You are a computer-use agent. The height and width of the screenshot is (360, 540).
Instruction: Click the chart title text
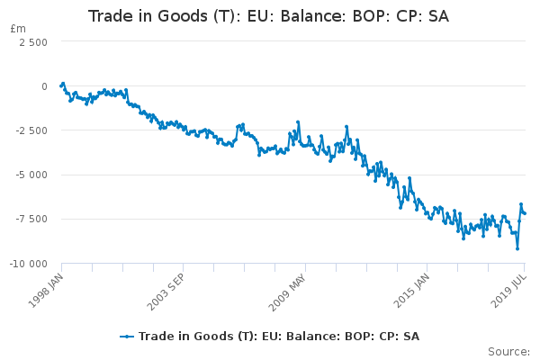269,16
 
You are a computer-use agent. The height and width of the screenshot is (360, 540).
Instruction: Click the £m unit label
17,29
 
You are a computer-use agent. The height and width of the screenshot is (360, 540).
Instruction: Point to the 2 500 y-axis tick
33,42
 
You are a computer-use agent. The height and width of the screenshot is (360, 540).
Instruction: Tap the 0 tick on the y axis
43,86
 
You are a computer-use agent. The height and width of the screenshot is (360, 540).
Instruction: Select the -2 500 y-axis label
31,130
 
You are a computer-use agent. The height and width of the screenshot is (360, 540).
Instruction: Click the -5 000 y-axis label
31,175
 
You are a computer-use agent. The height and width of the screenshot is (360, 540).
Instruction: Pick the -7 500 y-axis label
31,219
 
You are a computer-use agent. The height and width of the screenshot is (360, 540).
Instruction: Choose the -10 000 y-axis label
28,264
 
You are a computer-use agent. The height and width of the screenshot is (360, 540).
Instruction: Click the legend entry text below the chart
279,337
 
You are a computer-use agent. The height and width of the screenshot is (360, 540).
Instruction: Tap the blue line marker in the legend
127,337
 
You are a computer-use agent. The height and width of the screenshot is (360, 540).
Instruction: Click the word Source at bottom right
508,351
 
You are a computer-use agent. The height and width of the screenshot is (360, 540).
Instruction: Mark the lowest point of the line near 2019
517,248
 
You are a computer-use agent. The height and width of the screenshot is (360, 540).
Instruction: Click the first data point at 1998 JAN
60,86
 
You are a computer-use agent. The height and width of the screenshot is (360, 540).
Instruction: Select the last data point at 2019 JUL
525,213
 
